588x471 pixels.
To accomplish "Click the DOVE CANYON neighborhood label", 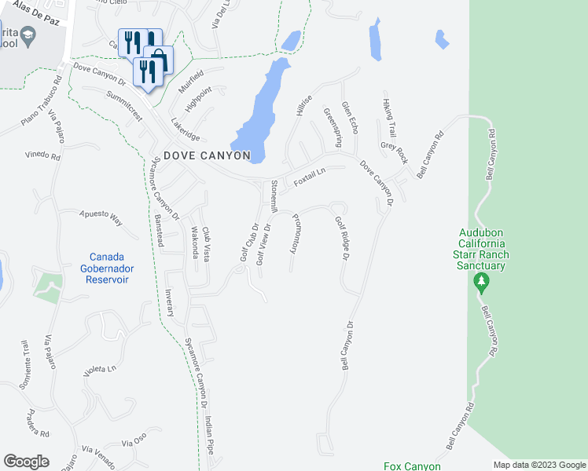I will pos(207,155).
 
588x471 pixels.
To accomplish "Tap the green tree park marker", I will pos(482,283).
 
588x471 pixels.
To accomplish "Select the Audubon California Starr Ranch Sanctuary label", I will pos(483,250).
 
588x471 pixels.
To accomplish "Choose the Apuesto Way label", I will pos(101,217).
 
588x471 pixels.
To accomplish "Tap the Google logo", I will pos(26,462).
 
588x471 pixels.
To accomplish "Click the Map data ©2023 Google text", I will pos(538,464).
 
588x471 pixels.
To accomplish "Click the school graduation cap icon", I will pos(28,35).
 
